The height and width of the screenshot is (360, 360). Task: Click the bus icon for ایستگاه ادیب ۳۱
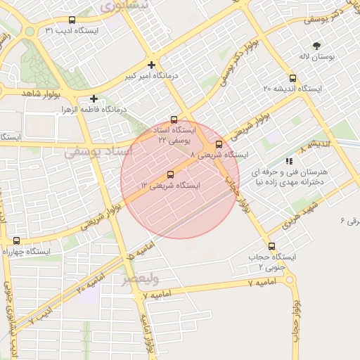point(73,20)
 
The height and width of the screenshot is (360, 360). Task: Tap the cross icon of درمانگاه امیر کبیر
point(151,65)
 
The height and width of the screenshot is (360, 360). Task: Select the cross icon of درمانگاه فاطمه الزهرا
point(94,99)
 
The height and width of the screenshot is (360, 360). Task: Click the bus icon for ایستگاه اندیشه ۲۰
point(292,79)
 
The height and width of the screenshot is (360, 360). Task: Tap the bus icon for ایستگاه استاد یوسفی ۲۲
point(174,120)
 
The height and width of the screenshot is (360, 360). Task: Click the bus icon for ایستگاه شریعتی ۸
point(219,144)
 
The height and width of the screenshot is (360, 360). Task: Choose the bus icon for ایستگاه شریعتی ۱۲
point(171,174)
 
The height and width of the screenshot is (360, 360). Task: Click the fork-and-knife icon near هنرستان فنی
point(290,161)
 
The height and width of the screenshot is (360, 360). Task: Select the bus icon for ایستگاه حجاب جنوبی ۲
point(271,247)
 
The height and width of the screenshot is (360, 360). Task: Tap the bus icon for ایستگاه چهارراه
point(16,240)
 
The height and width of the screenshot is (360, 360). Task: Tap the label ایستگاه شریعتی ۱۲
point(170,186)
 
